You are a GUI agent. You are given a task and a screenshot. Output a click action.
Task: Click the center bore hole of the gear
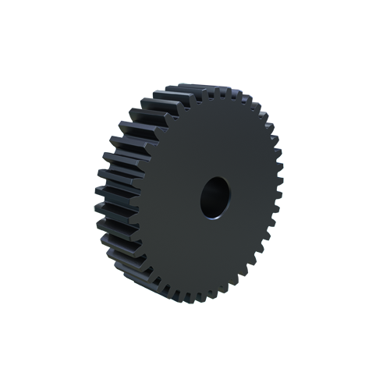click(214, 196)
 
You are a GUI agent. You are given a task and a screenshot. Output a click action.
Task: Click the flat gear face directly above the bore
click(214, 144)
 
